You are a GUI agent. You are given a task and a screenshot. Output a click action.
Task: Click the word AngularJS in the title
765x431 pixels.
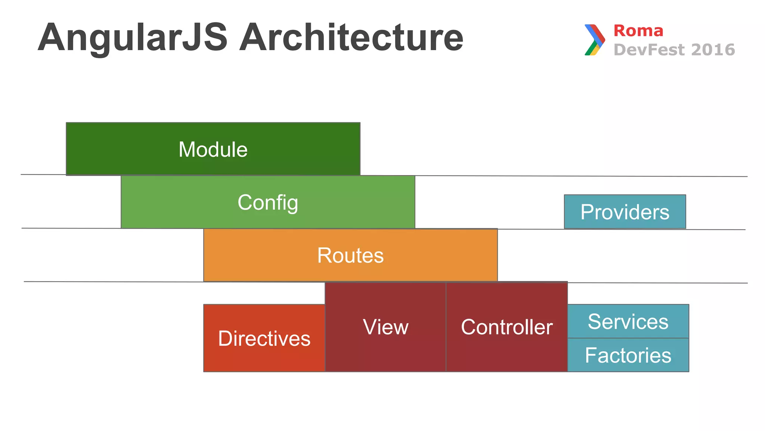coord(133,37)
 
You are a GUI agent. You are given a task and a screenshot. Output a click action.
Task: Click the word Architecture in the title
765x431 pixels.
coord(351,37)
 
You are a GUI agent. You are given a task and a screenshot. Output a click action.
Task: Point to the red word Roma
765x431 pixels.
coord(638,31)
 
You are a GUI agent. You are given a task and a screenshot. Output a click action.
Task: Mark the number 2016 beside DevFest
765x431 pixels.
coord(713,50)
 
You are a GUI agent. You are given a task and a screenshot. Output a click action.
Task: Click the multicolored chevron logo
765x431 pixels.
coord(595,40)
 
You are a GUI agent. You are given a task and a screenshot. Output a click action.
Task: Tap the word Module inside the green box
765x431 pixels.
coord(213,149)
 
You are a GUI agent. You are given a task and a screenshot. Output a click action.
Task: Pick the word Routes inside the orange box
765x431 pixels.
coord(350,256)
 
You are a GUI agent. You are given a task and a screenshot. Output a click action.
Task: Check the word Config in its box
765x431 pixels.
coord(268,203)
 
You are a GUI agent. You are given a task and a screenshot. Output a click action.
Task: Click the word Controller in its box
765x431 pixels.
coord(507,327)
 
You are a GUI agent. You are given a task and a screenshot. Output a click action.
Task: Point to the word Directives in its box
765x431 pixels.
coord(264,339)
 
